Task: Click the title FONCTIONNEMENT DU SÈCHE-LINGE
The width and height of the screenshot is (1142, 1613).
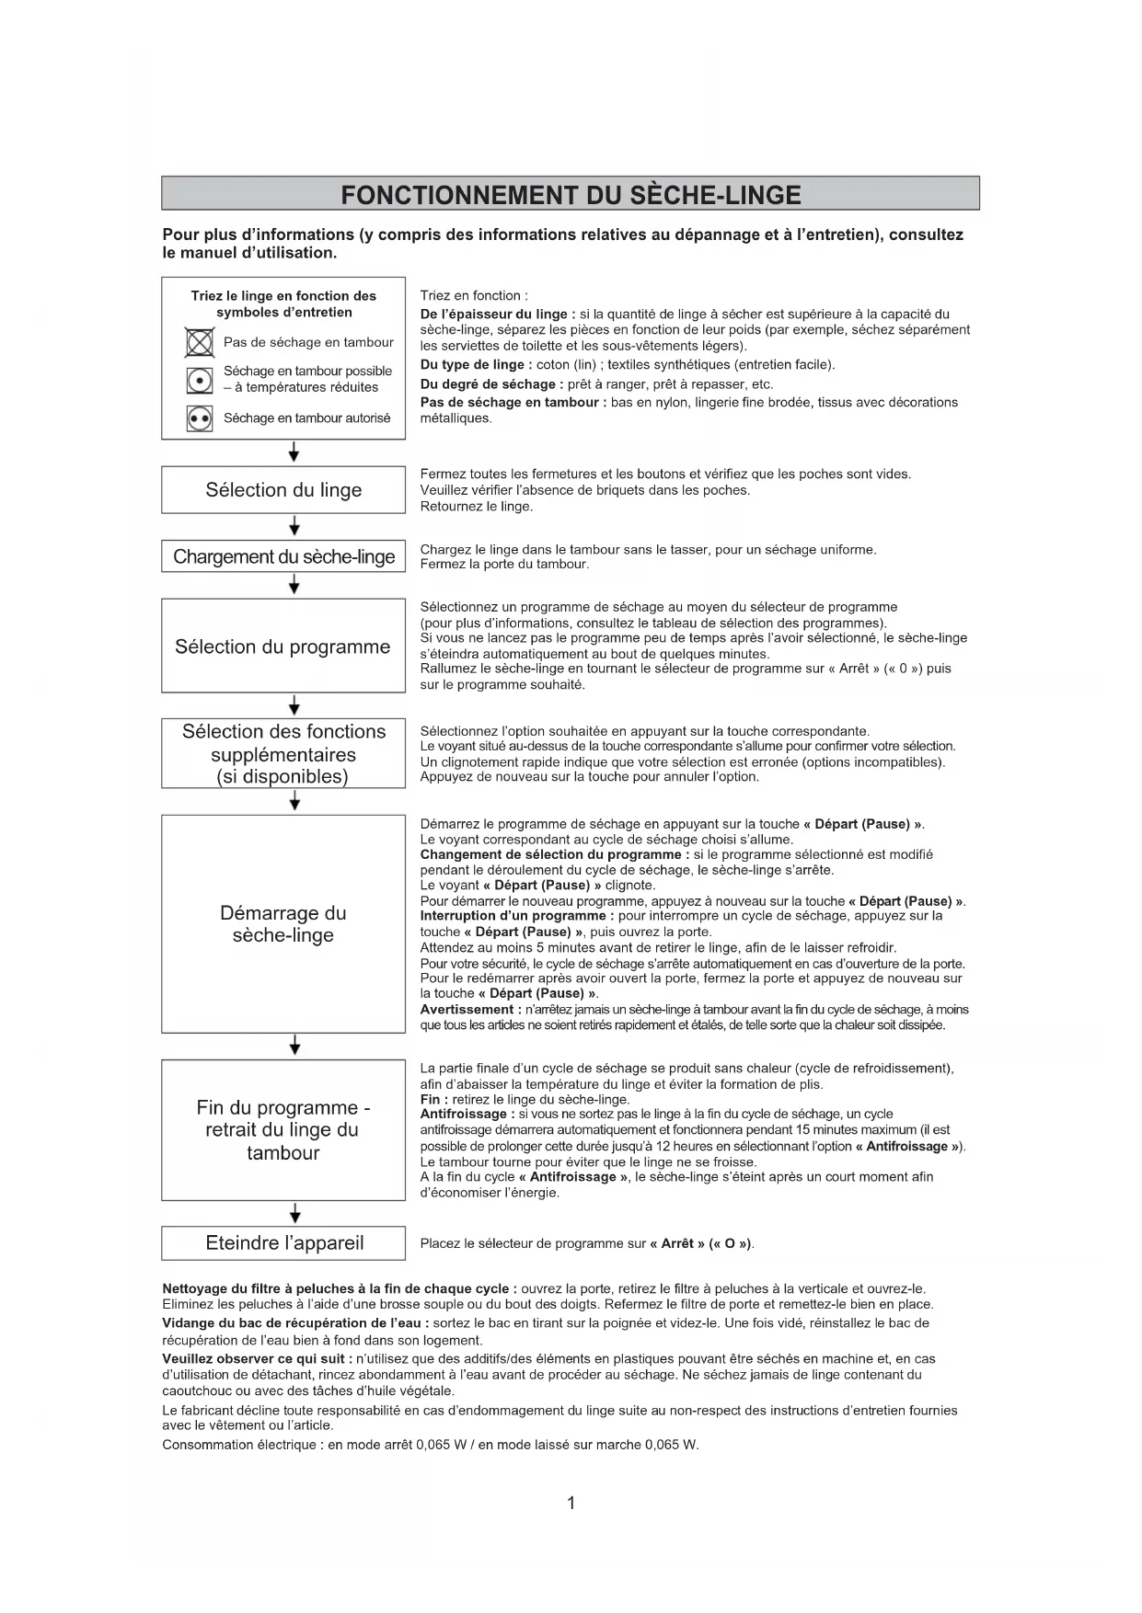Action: (x=571, y=195)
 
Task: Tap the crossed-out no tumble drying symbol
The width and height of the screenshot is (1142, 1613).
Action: (x=200, y=343)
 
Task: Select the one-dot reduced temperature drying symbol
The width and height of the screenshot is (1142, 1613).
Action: (x=200, y=380)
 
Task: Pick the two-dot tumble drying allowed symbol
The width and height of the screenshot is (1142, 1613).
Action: (x=200, y=418)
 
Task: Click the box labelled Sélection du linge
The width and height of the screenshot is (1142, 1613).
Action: (x=283, y=490)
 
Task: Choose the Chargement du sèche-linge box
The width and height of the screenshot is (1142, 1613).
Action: (x=283, y=556)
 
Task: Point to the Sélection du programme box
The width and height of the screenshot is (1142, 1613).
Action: (x=283, y=646)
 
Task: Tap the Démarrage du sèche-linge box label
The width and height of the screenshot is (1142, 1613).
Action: (x=283, y=924)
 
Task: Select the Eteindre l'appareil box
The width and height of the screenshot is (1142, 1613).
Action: (x=283, y=1243)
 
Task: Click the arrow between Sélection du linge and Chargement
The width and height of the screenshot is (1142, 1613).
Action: (x=294, y=526)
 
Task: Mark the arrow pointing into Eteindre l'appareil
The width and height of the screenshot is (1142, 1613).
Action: (x=294, y=1213)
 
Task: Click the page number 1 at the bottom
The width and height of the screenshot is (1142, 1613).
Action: (x=571, y=1503)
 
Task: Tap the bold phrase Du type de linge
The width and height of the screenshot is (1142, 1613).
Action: (x=476, y=365)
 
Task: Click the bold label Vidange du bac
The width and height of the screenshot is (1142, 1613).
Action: (x=212, y=1323)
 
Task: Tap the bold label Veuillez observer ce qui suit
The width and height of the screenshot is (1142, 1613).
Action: (x=256, y=1358)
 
